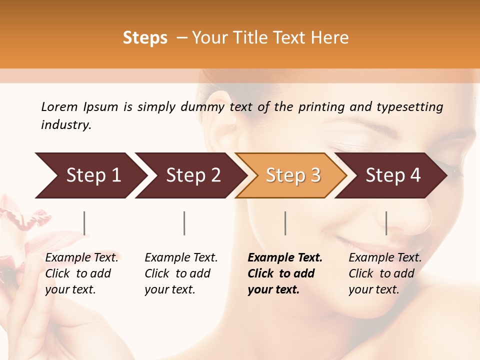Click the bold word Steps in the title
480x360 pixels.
click(x=145, y=38)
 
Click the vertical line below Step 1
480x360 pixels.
click(x=84, y=223)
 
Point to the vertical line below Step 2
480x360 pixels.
click(x=184, y=223)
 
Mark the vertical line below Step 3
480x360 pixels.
click(x=285, y=223)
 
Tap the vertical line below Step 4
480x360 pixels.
click(x=386, y=223)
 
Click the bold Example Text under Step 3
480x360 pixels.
click(x=285, y=258)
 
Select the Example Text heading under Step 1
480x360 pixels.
click(x=81, y=258)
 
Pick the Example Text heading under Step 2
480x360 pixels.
click(x=181, y=258)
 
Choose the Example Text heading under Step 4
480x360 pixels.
click(x=385, y=258)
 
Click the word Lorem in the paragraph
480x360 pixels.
click(x=59, y=107)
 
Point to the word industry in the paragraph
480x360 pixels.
click(x=65, y=125)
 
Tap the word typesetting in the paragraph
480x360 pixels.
click(x=409, y=107)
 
